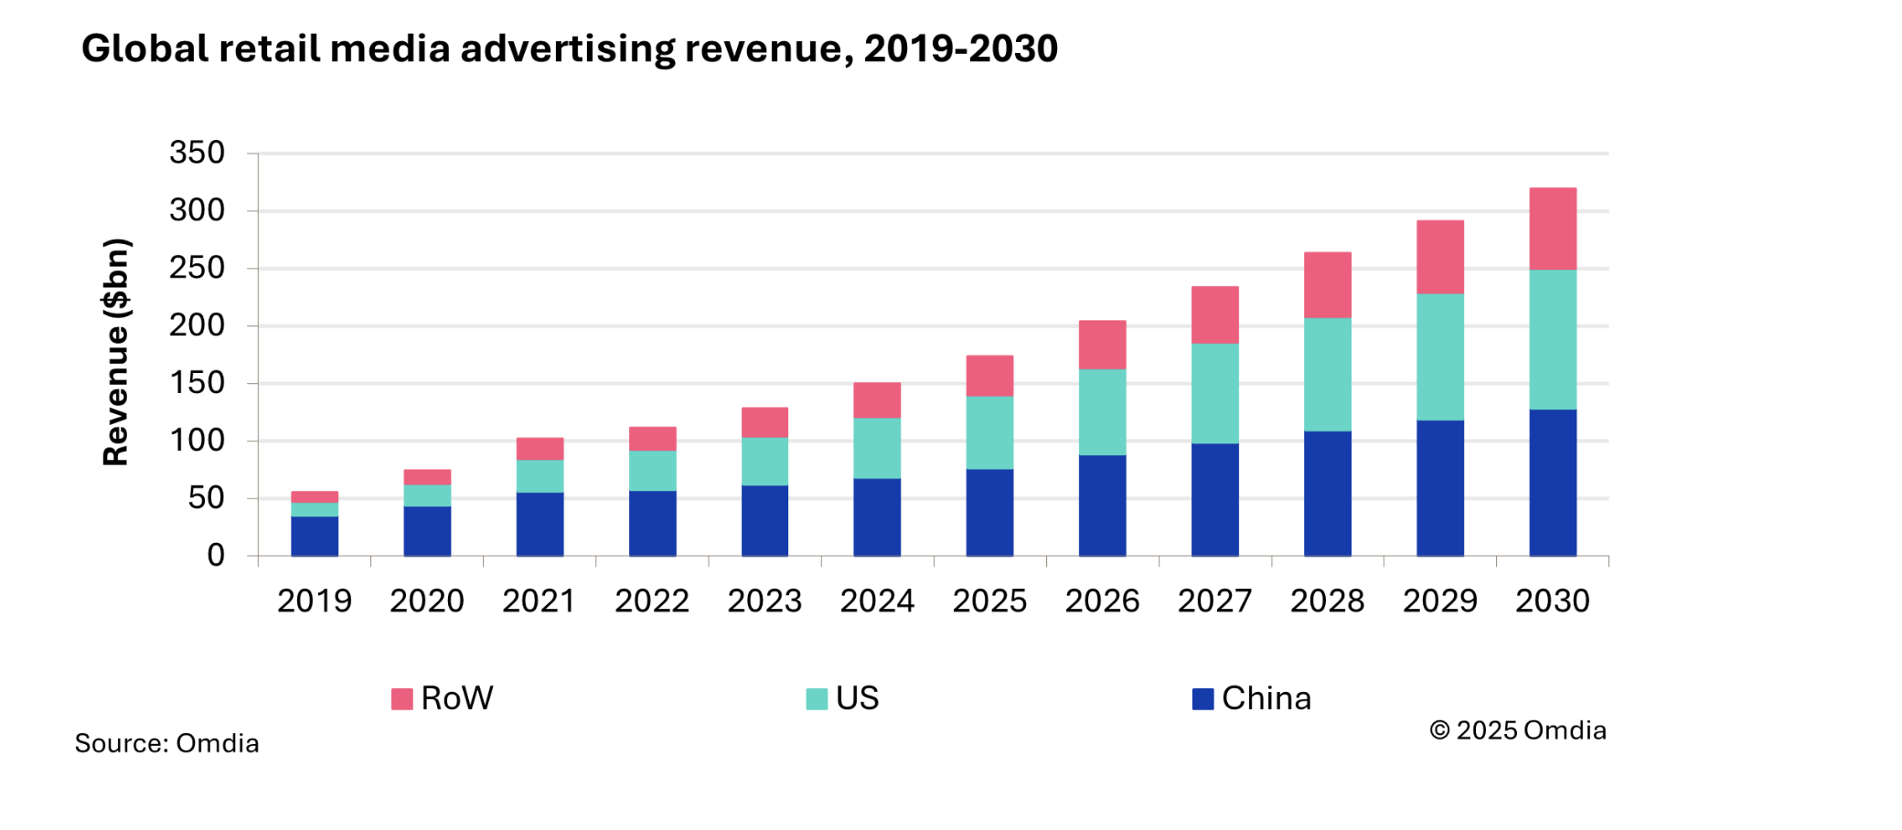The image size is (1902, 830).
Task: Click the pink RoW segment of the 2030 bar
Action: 1553,229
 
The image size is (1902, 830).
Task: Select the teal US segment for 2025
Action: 989,432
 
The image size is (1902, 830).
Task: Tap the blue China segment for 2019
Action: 315,537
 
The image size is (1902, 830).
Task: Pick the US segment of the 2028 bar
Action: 1327,374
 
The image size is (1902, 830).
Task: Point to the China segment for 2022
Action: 652,523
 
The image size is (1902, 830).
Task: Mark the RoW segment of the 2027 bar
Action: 1214,314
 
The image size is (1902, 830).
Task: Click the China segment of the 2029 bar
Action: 1440,488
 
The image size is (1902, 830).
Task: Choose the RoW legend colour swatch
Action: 401,699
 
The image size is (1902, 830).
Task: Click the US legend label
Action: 857,698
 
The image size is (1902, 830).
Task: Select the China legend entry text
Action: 1266,698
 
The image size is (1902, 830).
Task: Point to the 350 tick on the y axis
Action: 197,153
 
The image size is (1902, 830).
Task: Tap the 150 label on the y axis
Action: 197,383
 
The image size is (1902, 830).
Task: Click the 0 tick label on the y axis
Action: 216,555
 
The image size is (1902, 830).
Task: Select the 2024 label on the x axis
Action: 877,601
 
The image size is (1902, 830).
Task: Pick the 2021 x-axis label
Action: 540,601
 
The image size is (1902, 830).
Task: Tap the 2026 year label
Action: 1102,601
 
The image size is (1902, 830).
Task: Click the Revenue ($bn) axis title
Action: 116,352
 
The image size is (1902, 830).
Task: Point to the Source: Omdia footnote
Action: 166,743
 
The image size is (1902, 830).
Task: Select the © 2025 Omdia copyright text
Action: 1518,730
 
